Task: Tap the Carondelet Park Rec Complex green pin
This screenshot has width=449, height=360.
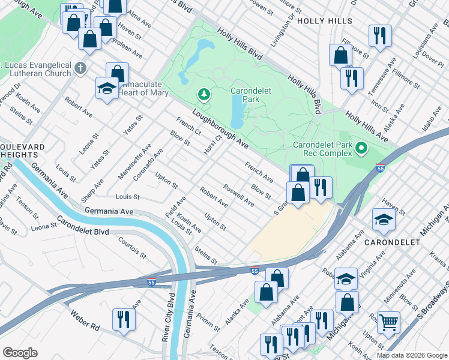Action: point(361,147)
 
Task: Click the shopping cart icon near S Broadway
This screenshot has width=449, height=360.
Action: point(389,323)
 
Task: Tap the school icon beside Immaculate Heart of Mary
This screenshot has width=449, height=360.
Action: point(107,89)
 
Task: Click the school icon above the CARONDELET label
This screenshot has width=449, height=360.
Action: point(383,220)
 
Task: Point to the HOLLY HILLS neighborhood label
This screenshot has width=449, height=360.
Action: point(328,20)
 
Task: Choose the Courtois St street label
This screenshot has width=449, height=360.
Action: point(132,246)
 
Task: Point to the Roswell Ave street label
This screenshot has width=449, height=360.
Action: point(238,196)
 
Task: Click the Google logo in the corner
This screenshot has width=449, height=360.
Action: point(20,353)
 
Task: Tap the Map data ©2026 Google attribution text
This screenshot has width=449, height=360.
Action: point(411,355)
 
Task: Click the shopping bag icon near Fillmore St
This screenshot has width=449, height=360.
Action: point(340,55)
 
